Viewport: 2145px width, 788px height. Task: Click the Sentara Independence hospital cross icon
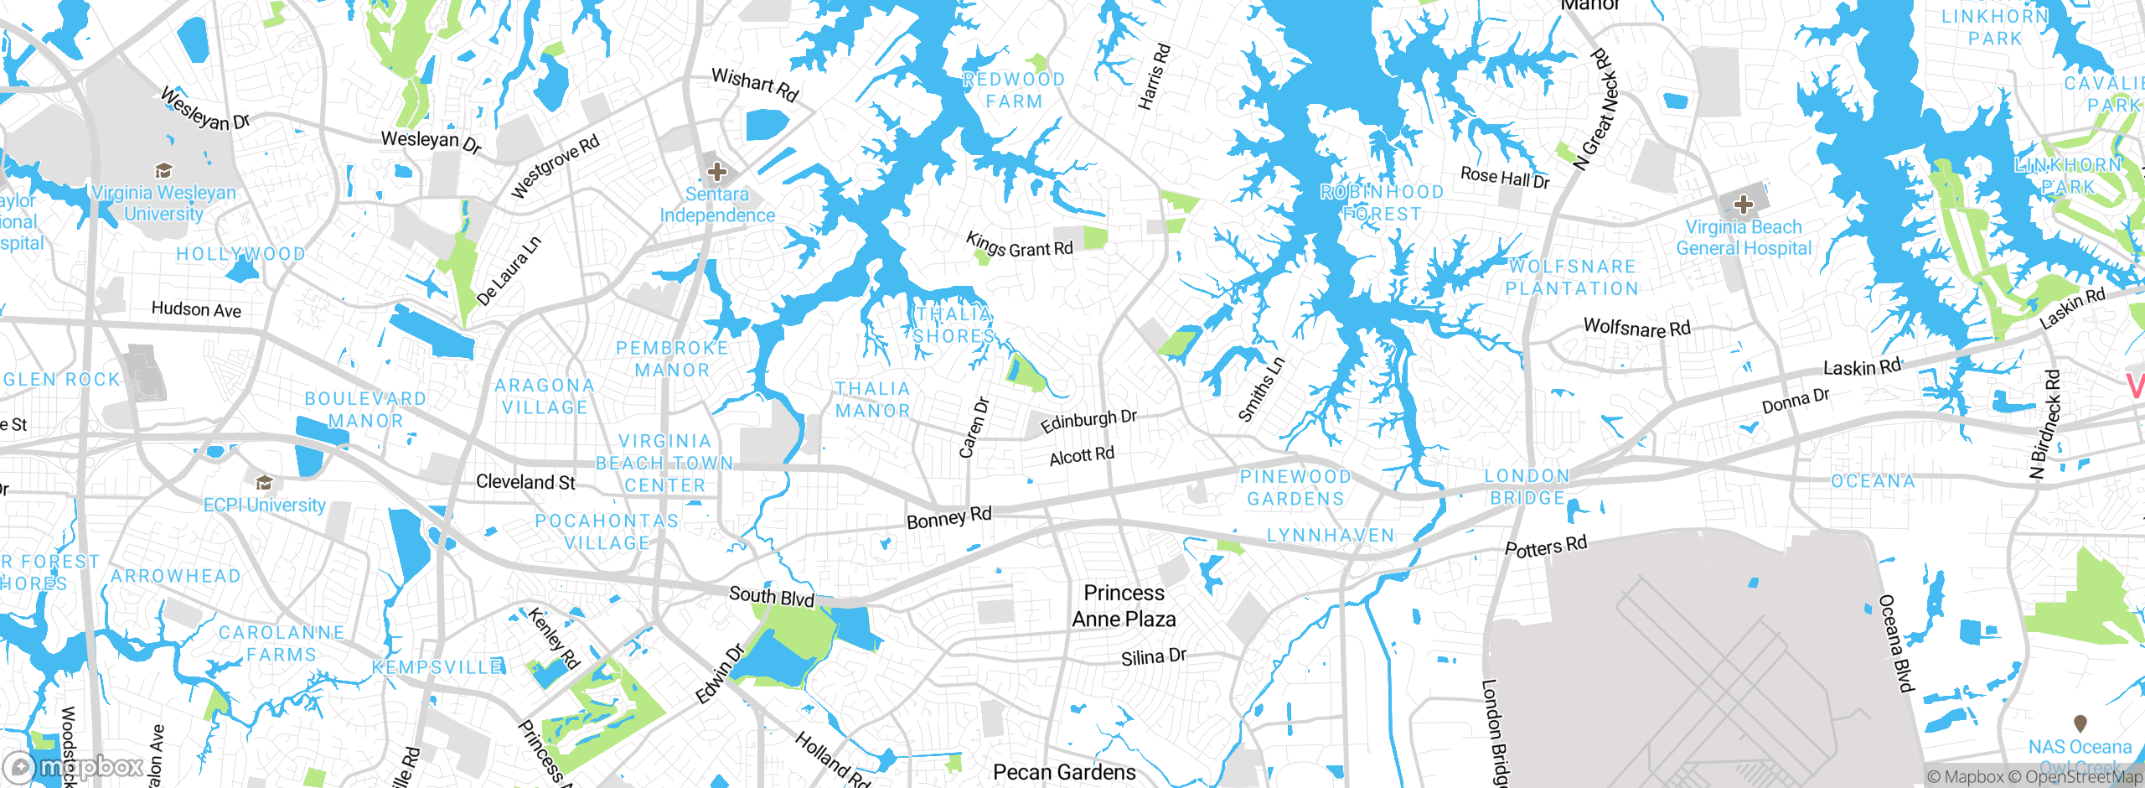coord(716,173)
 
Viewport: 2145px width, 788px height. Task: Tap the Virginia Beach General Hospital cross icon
coord(1743,205)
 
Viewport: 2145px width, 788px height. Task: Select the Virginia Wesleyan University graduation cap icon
coord(164,171)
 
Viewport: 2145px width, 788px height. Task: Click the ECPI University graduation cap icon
coord(264,483)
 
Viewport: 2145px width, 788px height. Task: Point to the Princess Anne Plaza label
coord(1124,606)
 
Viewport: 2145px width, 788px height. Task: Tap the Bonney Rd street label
coord(948,517)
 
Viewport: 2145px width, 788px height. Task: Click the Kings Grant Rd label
coord(1019,246)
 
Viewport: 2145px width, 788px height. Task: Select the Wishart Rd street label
coord(755,84)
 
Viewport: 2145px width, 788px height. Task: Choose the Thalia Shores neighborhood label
coord(954,325)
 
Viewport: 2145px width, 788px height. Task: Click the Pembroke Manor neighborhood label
coord(672,359)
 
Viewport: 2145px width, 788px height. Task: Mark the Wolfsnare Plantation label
coord(1572,277)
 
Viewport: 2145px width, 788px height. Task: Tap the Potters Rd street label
coord(1546,547)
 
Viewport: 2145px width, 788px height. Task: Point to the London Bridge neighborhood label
coord(1527,487)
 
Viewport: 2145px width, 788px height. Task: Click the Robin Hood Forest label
coord(1382,203)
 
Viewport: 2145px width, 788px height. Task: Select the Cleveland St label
coord(525,482)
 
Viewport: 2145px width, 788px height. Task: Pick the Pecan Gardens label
coord(1064,772)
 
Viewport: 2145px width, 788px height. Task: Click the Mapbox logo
coord(74,766)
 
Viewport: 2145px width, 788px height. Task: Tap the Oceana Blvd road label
coord(1896,644)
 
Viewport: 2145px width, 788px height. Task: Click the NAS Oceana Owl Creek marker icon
coord(2080,723)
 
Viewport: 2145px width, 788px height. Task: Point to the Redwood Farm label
coord(1014,91)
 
